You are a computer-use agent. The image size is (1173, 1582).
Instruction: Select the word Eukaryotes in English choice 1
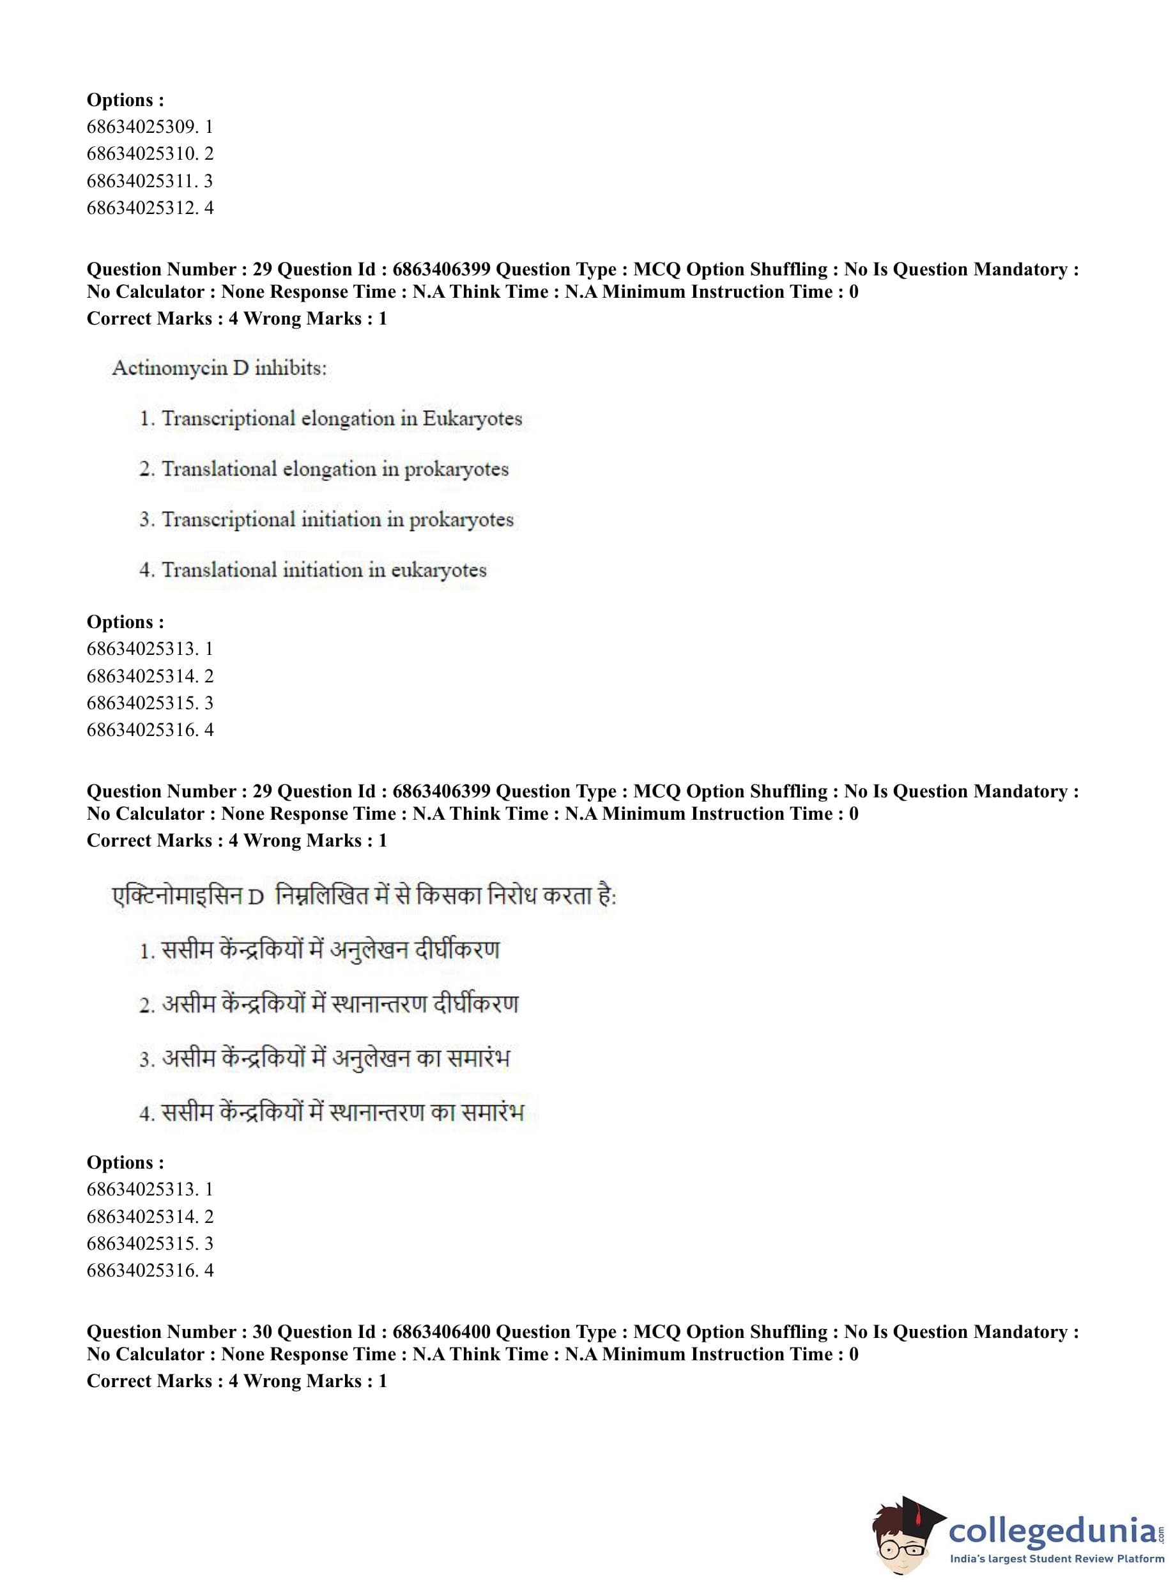click(472, 419)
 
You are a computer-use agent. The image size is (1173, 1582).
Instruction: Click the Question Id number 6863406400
click(440, 1332)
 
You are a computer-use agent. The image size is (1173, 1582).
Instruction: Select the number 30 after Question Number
click(262, 1332)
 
